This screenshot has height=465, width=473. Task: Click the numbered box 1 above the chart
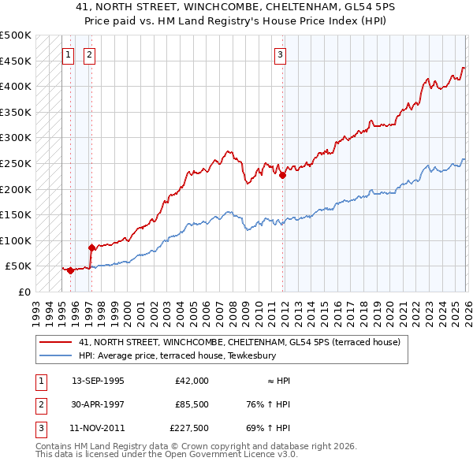68,54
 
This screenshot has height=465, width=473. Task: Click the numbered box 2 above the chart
89,54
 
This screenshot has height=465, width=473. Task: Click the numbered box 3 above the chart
280,54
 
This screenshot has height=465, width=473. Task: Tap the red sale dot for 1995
71,270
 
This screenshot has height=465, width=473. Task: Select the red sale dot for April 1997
91,247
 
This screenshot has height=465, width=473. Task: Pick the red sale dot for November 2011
282,176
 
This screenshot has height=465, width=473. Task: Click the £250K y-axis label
16,164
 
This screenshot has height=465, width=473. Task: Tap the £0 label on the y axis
24,292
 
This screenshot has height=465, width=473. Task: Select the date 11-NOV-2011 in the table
98,429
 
